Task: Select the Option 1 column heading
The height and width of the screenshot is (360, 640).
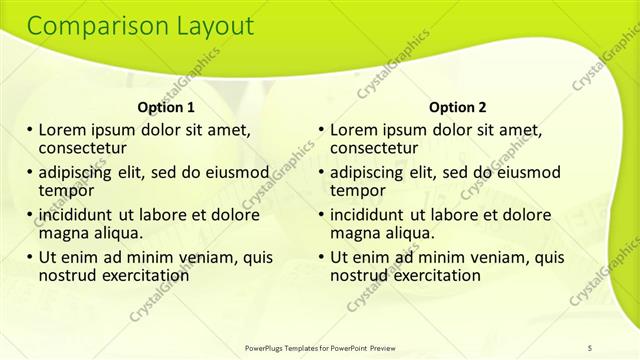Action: click(165, 107)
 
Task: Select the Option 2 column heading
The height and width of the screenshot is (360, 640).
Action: click(457, 107)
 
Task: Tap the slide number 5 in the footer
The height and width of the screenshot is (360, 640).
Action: click(590, 347)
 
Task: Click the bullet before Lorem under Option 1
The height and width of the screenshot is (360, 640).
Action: click(30, 131)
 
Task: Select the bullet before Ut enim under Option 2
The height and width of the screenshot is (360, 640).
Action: click(322, 257)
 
